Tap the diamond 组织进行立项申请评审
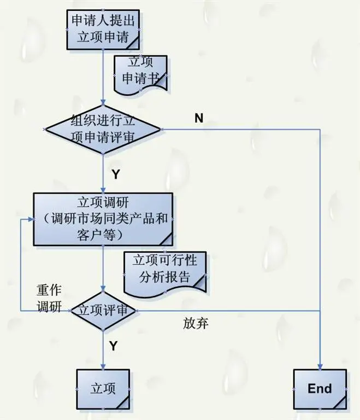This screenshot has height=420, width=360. (103, 129)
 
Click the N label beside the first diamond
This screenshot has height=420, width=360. (199, 118)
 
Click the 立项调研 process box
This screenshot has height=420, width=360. (103, 219)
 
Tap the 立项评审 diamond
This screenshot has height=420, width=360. (103, 310)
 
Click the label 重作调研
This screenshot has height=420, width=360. (49, 297)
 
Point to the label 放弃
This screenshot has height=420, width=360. (196, 323)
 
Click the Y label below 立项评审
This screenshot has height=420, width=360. (113, 346)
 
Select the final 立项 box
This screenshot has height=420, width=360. (103, 389)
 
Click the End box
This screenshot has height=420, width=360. (320, 389)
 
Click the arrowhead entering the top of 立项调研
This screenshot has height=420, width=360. (103, 189)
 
